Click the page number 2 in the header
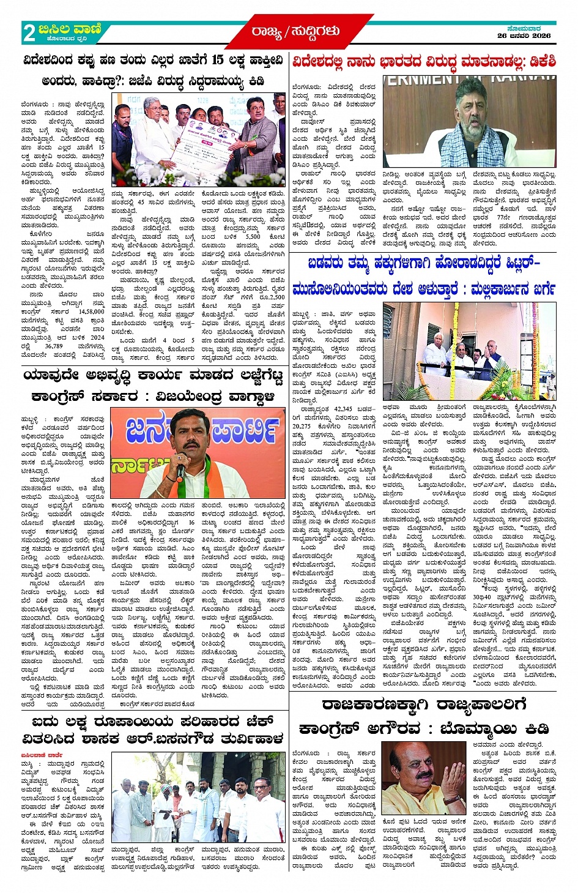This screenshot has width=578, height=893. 29,32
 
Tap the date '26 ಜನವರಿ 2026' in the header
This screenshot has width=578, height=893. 524,35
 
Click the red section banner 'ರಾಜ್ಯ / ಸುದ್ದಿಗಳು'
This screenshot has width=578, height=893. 295,31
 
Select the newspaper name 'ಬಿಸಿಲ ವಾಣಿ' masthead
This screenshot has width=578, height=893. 71,29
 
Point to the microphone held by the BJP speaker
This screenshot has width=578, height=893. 180,471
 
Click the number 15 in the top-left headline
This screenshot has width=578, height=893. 217,60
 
